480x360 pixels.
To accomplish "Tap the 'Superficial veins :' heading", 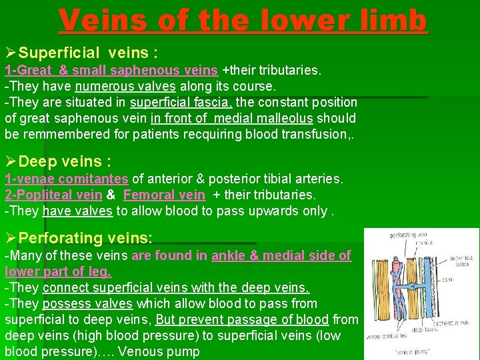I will (x=88, y=53).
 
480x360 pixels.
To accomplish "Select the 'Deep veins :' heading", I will (x=65, y=162).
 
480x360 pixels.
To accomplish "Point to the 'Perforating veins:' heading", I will (x=85, y=238).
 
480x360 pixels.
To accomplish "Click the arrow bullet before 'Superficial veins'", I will (x=10, y=53).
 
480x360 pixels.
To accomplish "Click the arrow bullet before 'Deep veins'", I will (x=10, y=162).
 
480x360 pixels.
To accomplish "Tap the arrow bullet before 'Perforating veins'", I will (x=10, y=238).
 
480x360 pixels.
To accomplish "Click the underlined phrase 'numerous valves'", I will (x=125, y=86).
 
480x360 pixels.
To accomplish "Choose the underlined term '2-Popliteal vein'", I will (x=53, y=195).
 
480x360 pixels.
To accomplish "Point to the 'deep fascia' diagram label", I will (x=424, y=329).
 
